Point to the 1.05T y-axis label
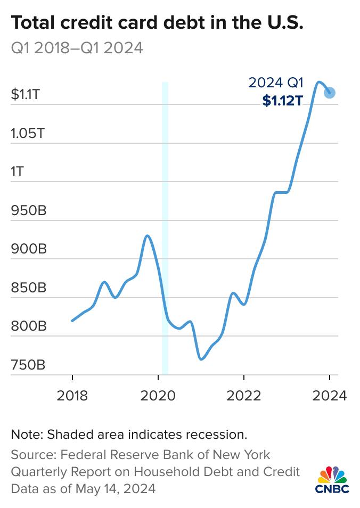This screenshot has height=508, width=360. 28,134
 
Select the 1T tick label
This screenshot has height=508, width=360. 18,173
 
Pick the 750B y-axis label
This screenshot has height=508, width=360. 28,366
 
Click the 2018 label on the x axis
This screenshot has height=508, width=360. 72,396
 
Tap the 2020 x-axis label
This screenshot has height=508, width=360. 158,396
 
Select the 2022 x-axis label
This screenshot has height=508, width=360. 243,396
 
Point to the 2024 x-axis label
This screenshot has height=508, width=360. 329,396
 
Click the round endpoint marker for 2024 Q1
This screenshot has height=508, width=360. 330,93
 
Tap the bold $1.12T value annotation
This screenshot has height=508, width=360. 282,101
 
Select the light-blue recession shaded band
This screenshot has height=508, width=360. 165,229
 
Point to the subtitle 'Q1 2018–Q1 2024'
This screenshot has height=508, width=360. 77,48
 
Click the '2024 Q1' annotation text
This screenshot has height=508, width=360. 276,83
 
